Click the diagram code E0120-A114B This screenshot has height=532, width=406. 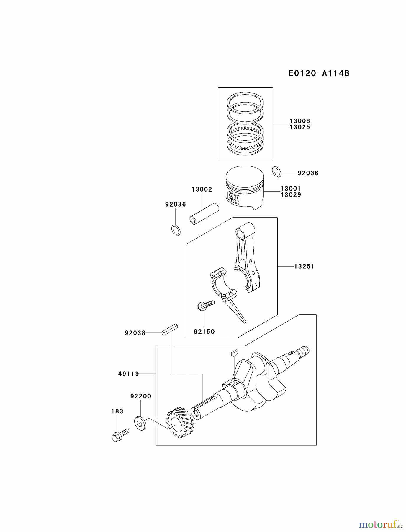click(319, 73)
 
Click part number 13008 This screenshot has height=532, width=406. click(299, 121)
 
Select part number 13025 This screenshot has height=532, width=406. click(299, 127)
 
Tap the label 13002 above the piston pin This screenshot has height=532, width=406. click(202, 189)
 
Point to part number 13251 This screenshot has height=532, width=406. click(304, 266)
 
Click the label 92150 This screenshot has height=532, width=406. click(204, 332)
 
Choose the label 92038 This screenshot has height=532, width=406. click(135, 333)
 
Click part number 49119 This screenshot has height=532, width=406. click(129, 374)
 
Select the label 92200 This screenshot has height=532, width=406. click(141, 396)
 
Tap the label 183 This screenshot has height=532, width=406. click(117, 411)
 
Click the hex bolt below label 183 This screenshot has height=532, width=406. click(120, 435)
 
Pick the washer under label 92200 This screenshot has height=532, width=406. click(140, 423)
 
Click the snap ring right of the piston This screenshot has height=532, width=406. click(276, 172)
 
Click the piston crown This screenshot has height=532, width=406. click(244, 175)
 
